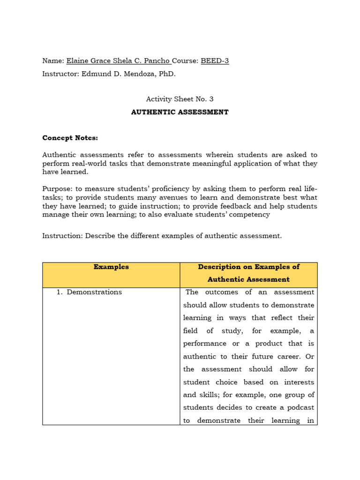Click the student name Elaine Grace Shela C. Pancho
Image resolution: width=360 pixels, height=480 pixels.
click(x=118, y=61)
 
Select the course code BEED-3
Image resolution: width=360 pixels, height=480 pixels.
click(x=215, y=61)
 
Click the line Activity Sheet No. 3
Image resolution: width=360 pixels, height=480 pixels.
click(x=180, y=99)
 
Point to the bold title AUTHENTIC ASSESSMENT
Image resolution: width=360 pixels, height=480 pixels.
click(x=180, y=112)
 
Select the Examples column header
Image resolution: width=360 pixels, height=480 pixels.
click(x=111, y=267)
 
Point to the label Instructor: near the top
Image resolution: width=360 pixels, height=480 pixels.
click(x=60, y=74)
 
